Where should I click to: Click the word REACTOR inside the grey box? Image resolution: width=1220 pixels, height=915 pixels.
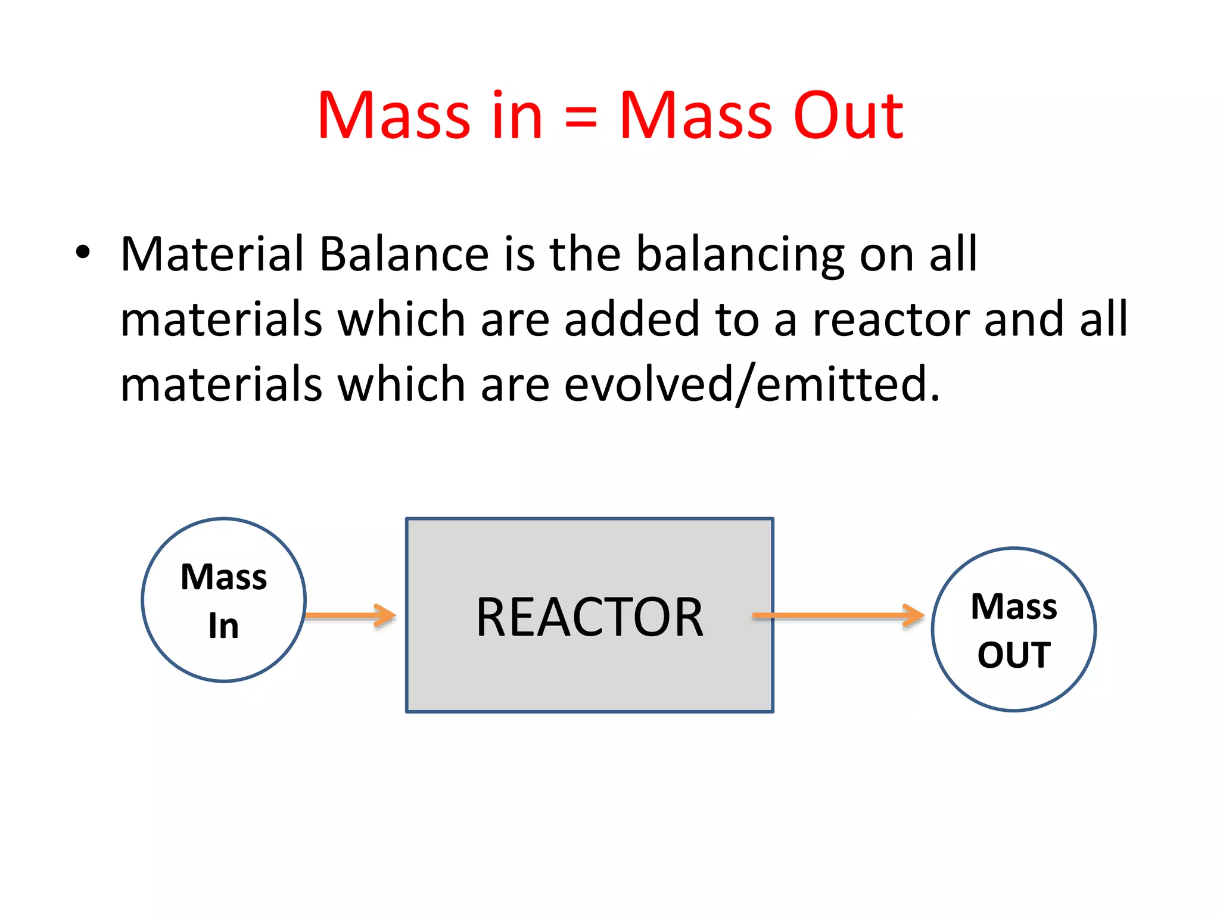click(x=589, y=617)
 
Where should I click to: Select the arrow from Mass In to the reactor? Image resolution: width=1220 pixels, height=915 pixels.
click(x=351, y=615)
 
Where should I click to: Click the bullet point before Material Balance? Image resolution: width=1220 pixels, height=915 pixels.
click(x=83, y=253)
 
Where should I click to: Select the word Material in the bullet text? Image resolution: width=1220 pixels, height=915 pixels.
click(x=213, y=254)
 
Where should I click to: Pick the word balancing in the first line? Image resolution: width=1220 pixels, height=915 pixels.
click(x=740, y=255)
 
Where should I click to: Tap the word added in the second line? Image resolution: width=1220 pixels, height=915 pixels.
click(x=632, y=319)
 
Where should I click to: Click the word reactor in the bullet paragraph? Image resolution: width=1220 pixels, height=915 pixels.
click(x=891, y=320)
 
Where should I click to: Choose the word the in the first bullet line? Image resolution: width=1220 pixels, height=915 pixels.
click(x=585, y=254)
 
